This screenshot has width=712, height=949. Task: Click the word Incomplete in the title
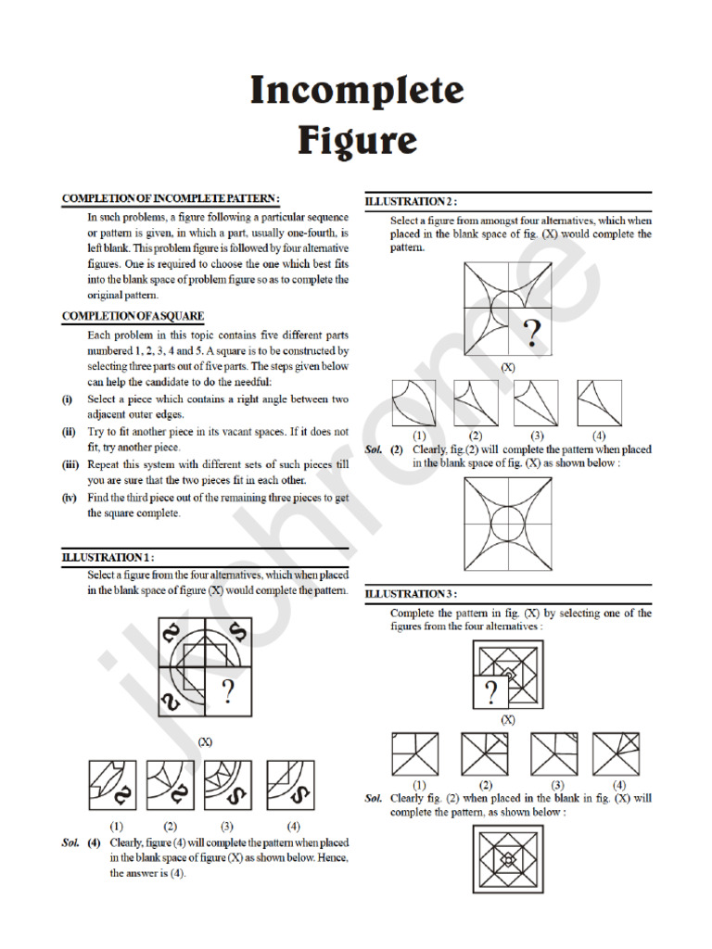point(356,91)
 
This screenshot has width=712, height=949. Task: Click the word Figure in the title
point(356,141)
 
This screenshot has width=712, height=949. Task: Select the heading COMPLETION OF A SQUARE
point(133,316)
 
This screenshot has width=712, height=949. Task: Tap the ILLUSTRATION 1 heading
point(108,557)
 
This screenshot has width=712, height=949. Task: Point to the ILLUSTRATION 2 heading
point(411,201)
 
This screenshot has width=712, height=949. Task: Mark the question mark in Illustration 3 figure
point(491,690)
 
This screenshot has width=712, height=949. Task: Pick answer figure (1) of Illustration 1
point(114,784)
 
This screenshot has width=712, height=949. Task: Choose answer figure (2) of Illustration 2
point(476,402)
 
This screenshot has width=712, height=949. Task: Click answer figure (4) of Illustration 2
point(599,402)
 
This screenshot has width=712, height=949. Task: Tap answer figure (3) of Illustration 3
point(552,754)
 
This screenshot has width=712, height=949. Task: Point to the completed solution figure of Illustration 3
point(508,860)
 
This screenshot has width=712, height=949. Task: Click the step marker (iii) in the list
point(68,465)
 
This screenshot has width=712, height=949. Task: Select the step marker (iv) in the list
point(68,498)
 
